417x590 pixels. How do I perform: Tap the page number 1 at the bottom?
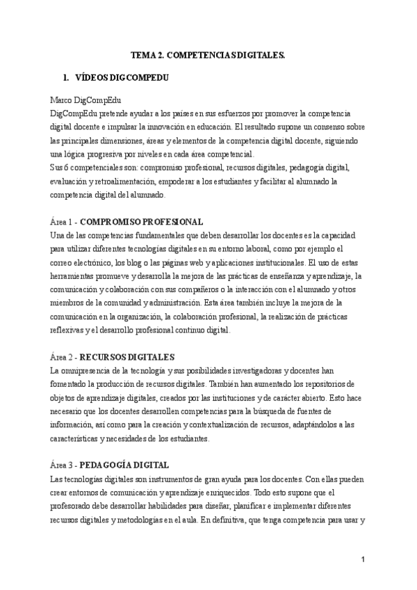(363, 560)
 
